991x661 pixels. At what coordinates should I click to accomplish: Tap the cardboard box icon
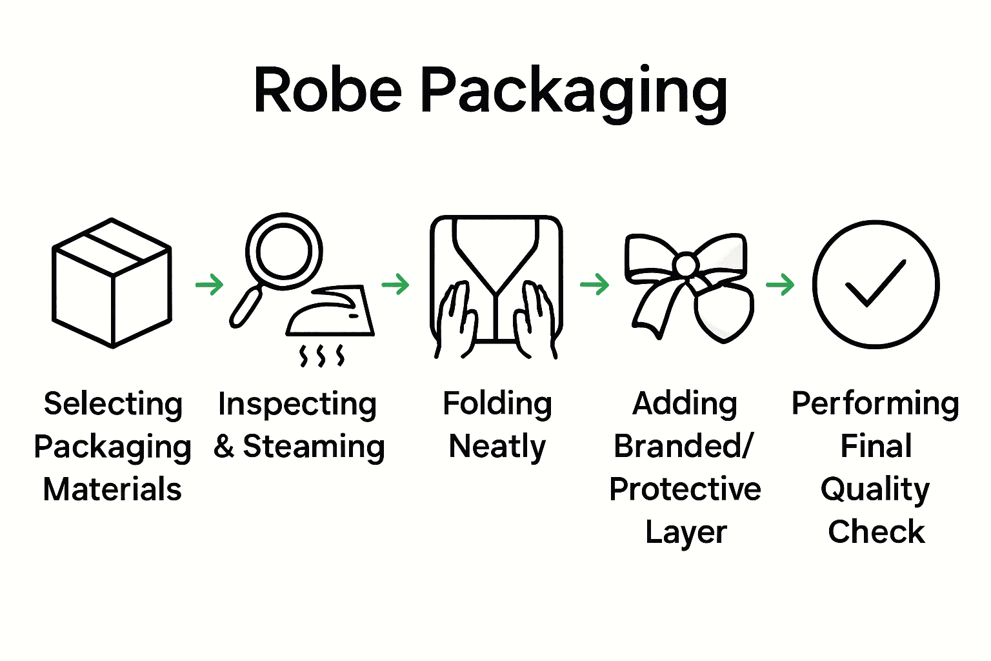112,283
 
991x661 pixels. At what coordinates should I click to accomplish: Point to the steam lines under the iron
322,355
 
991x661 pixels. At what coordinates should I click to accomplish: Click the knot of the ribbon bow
686,265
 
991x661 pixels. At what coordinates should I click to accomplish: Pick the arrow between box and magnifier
209,284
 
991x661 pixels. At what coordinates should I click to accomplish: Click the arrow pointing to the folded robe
395,284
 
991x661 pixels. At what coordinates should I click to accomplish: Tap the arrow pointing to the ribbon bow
595,284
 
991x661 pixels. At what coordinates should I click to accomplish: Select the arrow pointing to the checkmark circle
780,284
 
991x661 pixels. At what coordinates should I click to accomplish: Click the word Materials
112,489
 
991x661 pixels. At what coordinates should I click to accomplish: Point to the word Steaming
314,447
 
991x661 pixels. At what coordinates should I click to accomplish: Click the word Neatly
497,447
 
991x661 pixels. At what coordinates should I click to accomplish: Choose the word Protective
685,489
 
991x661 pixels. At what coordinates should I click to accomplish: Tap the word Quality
876,489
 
